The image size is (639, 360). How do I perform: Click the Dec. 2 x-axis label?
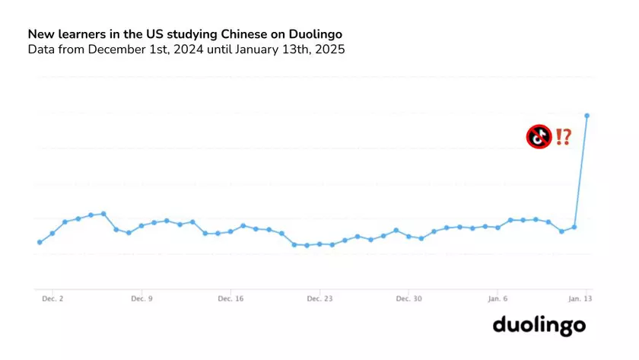click(x=52, y=300)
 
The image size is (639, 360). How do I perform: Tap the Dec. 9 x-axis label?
click(x=141, y=300)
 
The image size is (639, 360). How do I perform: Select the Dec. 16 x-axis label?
click(x=230, y=300)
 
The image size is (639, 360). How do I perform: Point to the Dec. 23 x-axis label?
click(x=319, y=300)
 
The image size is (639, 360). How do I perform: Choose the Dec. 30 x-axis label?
click(x=409, y=300)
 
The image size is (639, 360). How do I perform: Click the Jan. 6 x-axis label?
click(x=498, y=300)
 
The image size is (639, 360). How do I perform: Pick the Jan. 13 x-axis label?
click(x=581, y=300)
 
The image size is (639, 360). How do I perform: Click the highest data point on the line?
click(x=587, y=116)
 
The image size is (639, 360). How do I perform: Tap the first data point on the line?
click(x=40, y=242)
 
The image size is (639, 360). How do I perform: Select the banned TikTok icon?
click(x=539, y=137)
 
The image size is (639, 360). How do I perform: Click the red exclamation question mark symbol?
click(x=563, y=137)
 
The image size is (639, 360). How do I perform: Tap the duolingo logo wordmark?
click(x=539, y=326)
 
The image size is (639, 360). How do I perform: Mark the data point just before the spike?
click(x=574, y=227)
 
